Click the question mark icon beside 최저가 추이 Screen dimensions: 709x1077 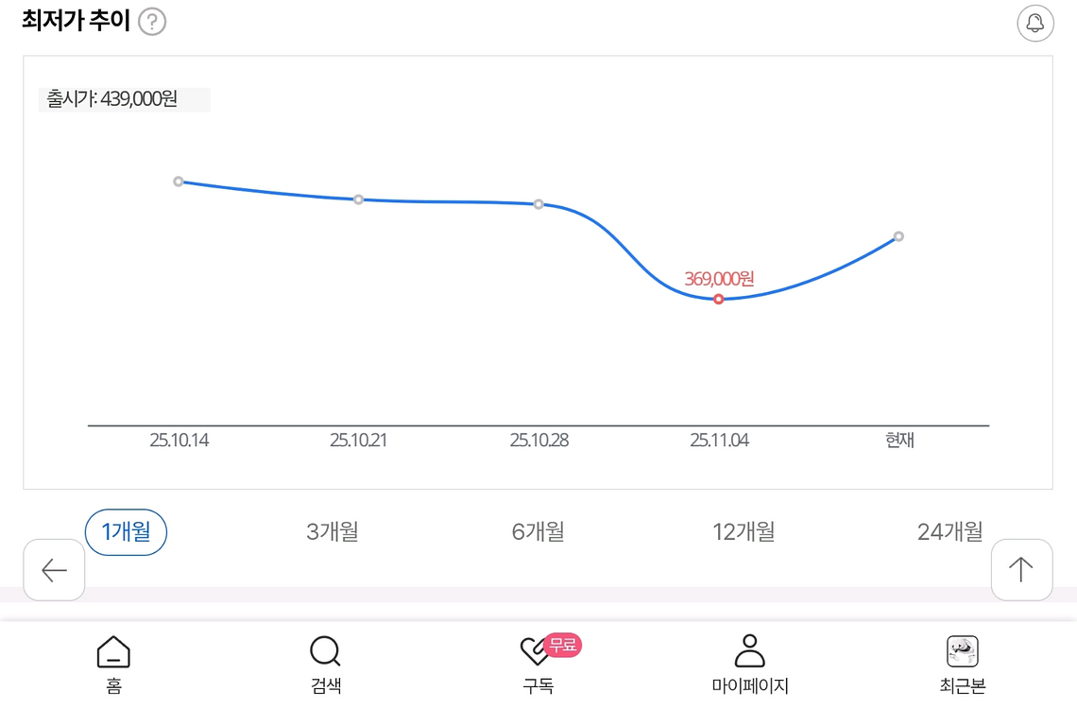[152, 22]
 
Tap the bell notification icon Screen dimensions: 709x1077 [1034, 24]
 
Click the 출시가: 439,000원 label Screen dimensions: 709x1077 [113, 99]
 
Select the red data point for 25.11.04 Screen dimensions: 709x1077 [719, 299]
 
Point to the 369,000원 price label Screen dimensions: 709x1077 [719, 279]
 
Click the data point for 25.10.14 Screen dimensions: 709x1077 [179, 182]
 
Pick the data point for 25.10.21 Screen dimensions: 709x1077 [359, 199]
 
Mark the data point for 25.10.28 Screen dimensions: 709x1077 [538, 204]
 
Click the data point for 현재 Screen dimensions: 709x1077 [898, 236]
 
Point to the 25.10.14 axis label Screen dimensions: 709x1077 [179, 441]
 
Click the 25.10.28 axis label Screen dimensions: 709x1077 [539, 441]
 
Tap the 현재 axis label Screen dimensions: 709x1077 [899, 441]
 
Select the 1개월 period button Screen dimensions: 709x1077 [126, 532]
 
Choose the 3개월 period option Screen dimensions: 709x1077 [333, 532]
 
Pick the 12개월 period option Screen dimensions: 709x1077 [744, 532]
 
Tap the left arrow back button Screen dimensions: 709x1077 [54, 570]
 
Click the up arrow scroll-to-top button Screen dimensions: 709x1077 [1021, 570]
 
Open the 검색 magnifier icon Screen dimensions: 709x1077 [325, 651]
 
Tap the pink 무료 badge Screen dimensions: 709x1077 [563, 645]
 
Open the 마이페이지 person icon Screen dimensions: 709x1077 [750, 651]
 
